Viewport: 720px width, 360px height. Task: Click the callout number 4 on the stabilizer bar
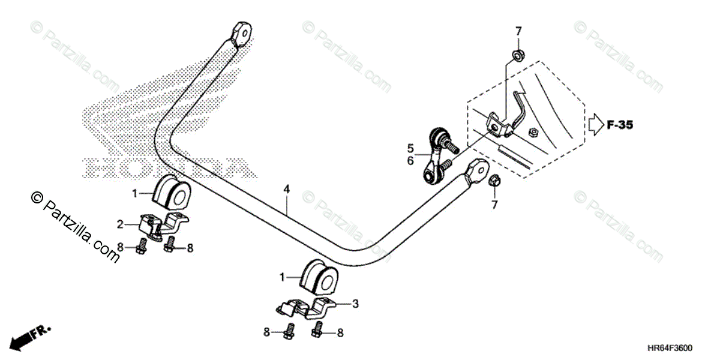tap(287, 189)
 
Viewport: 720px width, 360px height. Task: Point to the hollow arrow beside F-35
tap(595, 124)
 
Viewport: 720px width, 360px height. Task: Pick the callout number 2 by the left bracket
tap(120, 224)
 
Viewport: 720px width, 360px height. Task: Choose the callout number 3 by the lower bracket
tap(355, 304)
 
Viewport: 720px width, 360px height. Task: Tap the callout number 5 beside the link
tap(411, 147)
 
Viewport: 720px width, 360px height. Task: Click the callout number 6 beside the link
tap(411, 161)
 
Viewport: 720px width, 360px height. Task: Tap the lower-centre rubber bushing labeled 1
tap(318, 277)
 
